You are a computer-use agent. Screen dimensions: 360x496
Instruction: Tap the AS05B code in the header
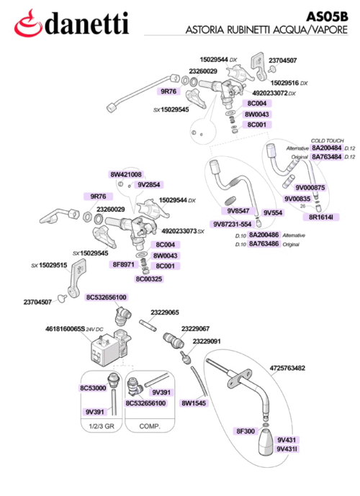point(327,17)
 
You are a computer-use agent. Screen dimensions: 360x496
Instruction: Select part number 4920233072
point(270,93)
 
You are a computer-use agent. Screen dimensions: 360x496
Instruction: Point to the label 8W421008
point(126,174)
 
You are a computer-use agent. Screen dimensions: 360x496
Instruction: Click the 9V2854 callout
point(149,184)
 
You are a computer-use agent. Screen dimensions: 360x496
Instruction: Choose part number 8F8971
point(124,264)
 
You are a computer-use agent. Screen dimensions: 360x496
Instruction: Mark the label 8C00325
point(149,279)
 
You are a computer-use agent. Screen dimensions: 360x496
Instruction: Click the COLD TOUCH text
point(327,140)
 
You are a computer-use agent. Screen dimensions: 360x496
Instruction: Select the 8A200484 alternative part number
point(327,148)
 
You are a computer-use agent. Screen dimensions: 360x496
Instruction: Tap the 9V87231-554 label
point(232,224)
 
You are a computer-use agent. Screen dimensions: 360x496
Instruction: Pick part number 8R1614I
point(321,217)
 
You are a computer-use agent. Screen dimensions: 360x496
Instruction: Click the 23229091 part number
point(207,341)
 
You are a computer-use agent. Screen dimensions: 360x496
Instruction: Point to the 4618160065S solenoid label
point(66,329)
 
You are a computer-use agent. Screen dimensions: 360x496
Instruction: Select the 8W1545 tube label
point(194,403)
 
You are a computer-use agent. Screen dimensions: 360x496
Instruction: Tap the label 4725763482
point(287,368)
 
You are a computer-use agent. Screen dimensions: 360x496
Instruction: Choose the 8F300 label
point(246,430)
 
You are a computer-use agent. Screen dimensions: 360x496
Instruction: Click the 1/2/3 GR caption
point(102,426)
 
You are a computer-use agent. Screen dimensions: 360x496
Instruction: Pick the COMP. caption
point(150,426)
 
